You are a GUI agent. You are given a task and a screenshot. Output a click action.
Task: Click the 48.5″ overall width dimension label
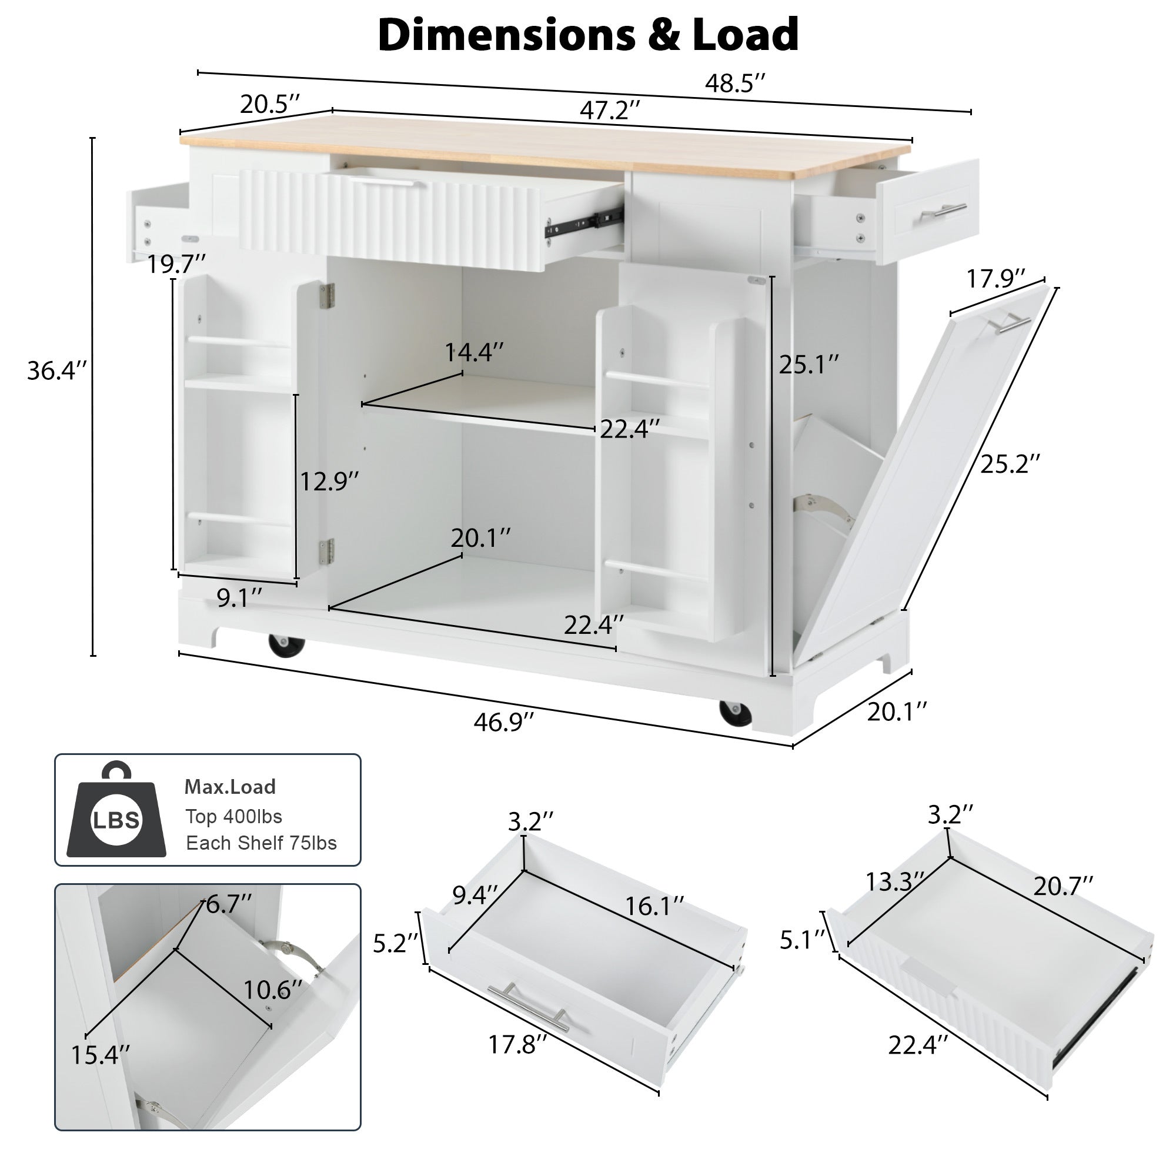tap(734, 83)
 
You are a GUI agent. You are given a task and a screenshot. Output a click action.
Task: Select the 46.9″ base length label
tap(503, 722)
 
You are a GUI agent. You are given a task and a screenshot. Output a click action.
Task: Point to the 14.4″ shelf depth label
tap(474, 352)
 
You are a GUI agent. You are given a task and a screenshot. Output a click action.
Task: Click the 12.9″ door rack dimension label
tap(329, 482)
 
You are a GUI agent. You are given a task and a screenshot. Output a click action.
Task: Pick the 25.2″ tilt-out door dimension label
tap(1010, 464)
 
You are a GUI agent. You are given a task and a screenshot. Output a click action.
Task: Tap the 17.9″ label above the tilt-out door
tap(996, 279)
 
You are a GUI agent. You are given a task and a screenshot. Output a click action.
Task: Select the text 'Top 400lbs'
tap(234, 816)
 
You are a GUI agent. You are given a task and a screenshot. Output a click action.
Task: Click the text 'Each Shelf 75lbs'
tap(261, 843)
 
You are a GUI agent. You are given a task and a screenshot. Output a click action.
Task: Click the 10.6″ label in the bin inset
tap(273, 990)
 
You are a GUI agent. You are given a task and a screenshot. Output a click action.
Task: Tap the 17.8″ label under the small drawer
tap(517, 1045)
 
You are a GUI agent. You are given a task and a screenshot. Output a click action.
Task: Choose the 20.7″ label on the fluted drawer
tap(1063, 887)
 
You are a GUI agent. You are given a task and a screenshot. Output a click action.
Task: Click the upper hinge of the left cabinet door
tap(328, 296)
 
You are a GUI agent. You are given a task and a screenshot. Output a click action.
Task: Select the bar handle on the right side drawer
tap(943, 211)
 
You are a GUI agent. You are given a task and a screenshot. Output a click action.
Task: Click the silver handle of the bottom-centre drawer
tap(528, 1008)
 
